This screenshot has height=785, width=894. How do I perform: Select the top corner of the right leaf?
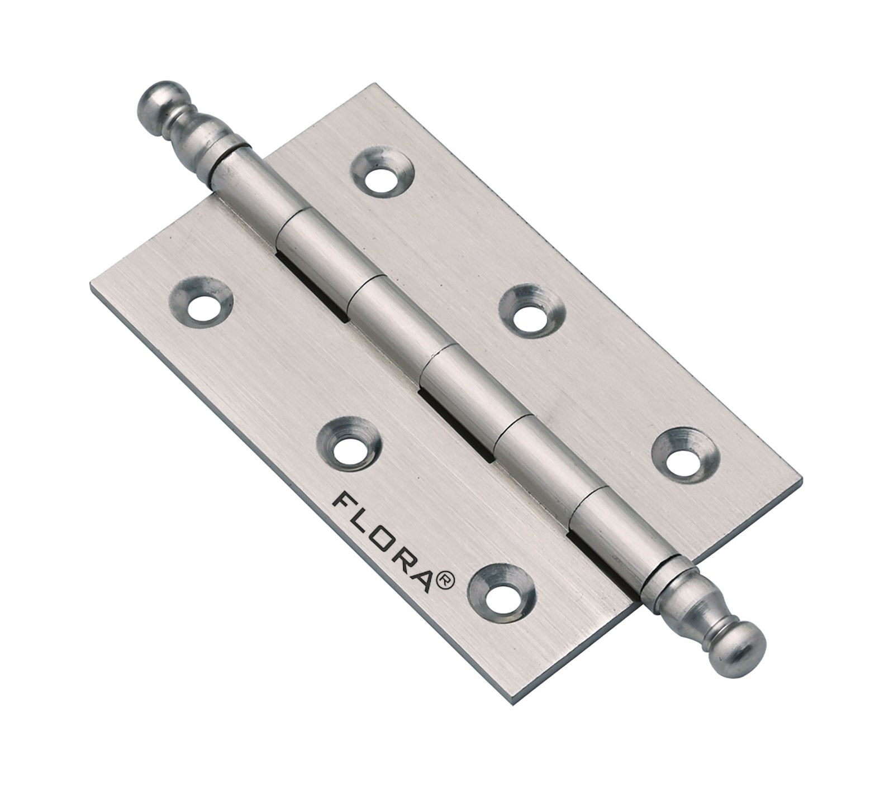pos(373,85)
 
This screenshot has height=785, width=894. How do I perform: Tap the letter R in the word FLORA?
pos(404,556)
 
